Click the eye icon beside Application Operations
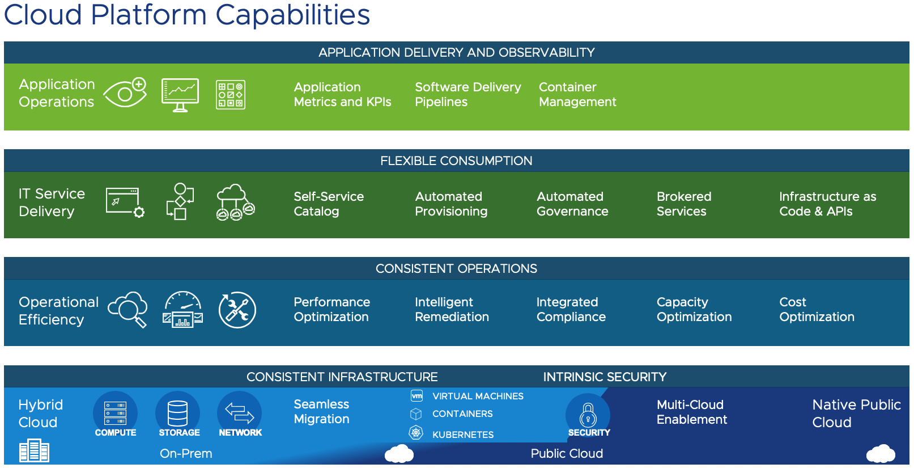[x=125, y=93]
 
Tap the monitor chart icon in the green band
[x=180, y=94]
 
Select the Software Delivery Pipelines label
[x=467, y=94]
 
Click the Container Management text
[x=577, y=94]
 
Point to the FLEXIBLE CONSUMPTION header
[x=456, y=161]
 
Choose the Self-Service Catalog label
[x=328, y=204]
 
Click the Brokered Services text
[x=683, y=204]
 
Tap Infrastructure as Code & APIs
[x=827, y=204]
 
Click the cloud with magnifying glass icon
[x=128, y=309]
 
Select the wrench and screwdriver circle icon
[x=237, y=310]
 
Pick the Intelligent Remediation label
[x=451, y=309]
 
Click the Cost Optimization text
[x=816, y=309]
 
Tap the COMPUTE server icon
[x=116, y=413]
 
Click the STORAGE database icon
[x=177, y=413]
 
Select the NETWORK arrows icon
[x=240, y=413]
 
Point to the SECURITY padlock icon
[x=588, y=415]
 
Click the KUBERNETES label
[x=462, y=435]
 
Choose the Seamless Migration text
[x=321, y=411]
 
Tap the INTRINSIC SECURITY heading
[x=605, y=377]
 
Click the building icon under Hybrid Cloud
[x=34, y=451]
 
